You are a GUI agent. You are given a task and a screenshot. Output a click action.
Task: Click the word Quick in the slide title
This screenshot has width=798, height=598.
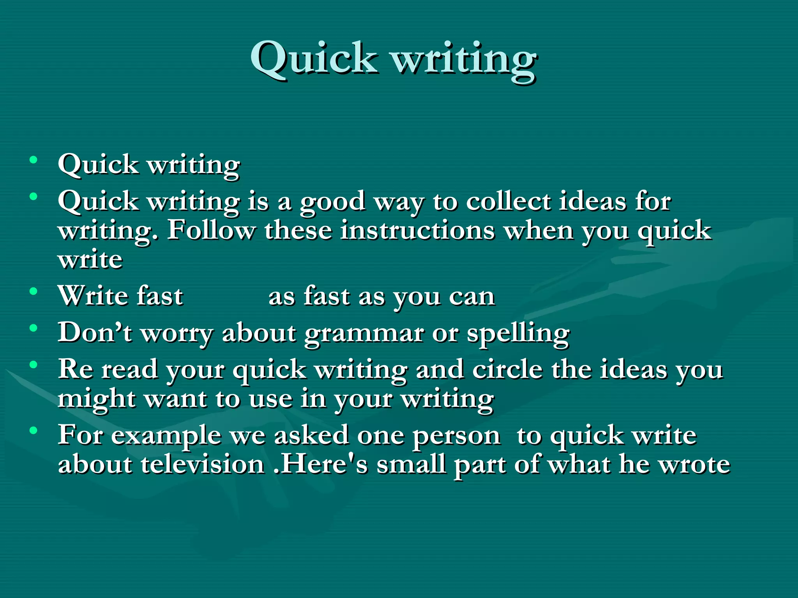(314, 58)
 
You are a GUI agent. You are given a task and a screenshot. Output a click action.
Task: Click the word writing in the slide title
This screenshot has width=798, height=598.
(464, 60)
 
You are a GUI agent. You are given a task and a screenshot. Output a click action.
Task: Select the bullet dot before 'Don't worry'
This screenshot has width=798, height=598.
(34, 328)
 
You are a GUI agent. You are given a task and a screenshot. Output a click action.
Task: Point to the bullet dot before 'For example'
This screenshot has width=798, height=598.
(34, 430)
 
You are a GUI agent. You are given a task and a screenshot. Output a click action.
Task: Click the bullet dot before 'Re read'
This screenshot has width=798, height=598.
(34, 364)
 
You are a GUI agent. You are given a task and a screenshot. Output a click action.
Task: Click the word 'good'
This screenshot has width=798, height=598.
(332, 202)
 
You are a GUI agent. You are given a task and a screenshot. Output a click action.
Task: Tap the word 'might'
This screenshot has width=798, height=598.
(96, 400)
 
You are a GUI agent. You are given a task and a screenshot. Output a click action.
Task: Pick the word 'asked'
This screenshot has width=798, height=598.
(312, 435)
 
